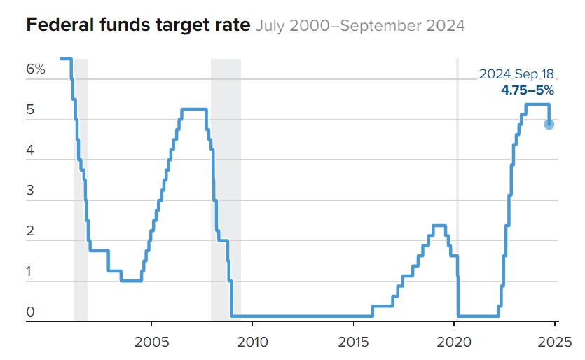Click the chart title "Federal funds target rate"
(138, 27)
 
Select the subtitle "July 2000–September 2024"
(360, 27)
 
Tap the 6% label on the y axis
(36, 69)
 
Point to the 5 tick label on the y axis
(30, 110)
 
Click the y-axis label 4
(30, 151)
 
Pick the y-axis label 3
(30, 191)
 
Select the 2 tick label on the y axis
(30, 232)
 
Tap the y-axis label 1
(30, 272)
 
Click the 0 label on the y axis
(30, 312)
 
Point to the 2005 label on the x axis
(151, 342)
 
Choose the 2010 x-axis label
(252, 342)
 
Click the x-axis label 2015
(353, 342)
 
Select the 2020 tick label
(454, 342)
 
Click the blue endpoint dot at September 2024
(549, 124)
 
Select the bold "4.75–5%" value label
(527, 90)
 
